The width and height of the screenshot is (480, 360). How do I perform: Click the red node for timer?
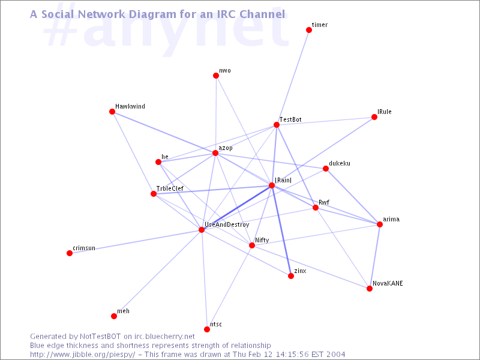[x=309, y=29]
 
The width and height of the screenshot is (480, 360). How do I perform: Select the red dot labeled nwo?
[x=216, y=76]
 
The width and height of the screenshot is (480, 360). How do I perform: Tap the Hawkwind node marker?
[x=112, y=112]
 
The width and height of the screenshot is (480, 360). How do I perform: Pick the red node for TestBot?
[x=277, y=125]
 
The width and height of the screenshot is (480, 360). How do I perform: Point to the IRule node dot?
[x=374, y=117]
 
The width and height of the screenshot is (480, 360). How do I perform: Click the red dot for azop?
[x=215, y=153]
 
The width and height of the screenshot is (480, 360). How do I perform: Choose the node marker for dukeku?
[x=326, y=169]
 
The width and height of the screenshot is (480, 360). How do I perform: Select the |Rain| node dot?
[x=272, y=185]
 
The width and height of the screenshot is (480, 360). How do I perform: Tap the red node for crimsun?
[x=70, y=253]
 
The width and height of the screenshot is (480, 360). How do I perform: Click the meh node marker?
[x=114, y=316]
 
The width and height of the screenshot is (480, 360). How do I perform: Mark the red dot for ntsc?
[x=207, y=329]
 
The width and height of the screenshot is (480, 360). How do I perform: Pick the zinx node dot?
[x=291, y=276]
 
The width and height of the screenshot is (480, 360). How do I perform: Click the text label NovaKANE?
[x=388, y=283]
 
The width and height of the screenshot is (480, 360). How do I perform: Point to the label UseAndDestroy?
[x=227, y=224]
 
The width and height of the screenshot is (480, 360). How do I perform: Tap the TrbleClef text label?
[x=170, y=188]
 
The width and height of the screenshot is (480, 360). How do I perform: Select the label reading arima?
[x=391, y=219]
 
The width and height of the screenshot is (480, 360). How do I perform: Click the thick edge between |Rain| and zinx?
[x=281, y=231]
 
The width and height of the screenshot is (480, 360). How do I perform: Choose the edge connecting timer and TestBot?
[x=293, y=77]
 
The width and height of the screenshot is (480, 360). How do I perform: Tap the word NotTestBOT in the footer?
[x=100, y=337]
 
